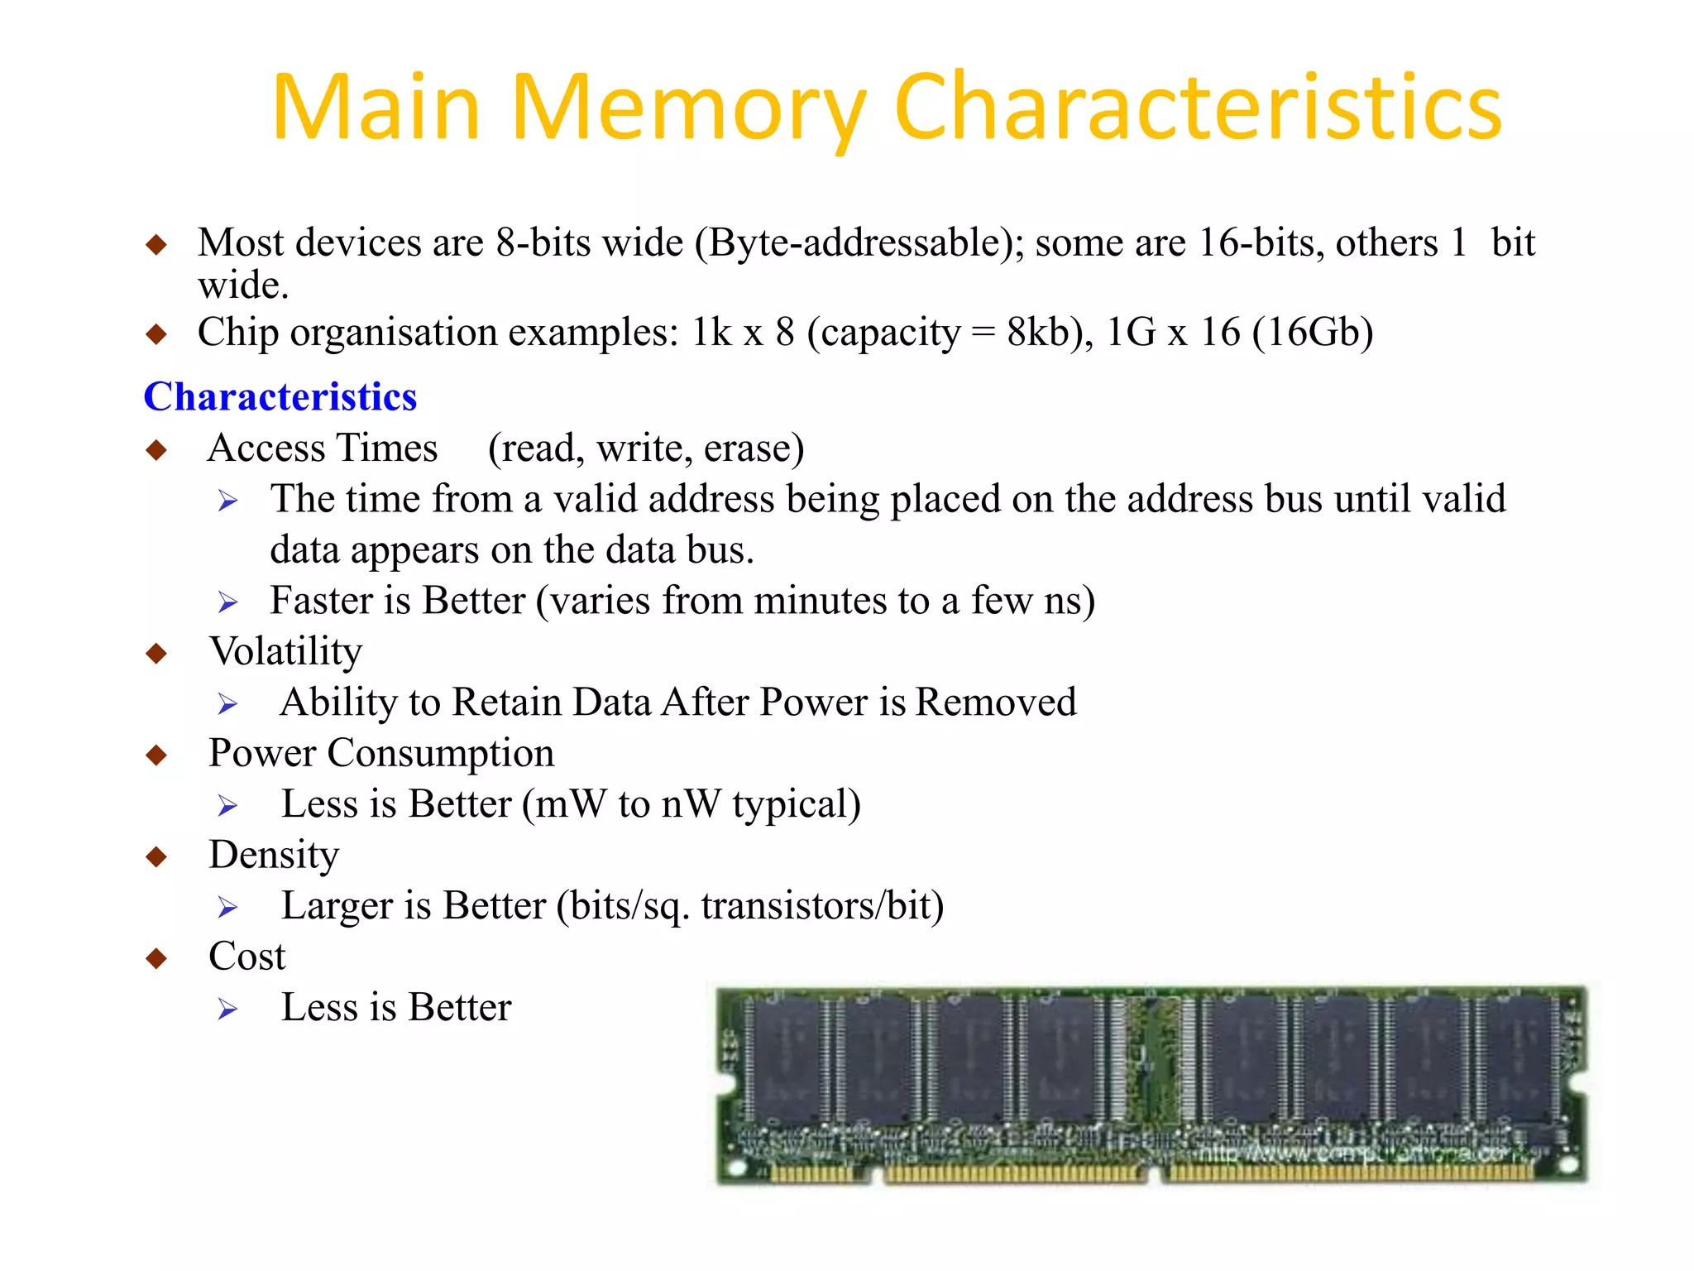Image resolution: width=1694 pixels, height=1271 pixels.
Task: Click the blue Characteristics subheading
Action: point(280,396)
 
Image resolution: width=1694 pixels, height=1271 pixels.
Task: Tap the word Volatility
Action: point(285,651)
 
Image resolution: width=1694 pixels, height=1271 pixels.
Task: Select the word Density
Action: point(274,855)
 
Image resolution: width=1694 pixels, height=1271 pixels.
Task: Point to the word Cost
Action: point(246,957)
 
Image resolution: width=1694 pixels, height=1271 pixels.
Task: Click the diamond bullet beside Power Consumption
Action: point(156,755)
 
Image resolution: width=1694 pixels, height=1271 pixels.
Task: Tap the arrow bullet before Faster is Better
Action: point(227,602)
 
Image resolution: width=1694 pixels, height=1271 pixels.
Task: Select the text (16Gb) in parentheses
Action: point(1313,333)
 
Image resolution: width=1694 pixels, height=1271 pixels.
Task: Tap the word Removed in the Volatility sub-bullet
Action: point(996,703)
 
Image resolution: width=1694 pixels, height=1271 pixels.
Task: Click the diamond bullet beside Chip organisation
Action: point(156,334)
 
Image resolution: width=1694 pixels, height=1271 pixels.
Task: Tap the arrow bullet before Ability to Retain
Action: point(227,704)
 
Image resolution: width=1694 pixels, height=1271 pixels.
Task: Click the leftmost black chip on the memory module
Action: point(787,1059)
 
